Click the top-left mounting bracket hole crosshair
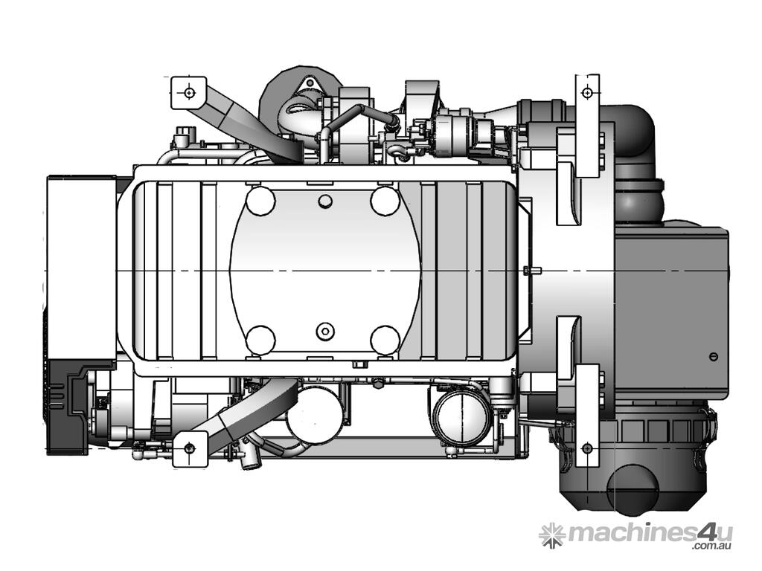click(x=189, y=91)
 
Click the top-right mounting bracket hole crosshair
click(x=588, y=92)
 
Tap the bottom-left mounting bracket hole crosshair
click(x=190, y=447)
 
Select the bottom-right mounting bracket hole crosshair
click(x=587, y=447)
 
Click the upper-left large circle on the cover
click(x=261, y=201)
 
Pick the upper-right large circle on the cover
click(x=385, y=201)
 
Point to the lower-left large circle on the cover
click(x=261, y=339)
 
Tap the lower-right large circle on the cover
click(x=385, y=339)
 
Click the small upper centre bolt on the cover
click(x=325, y=201)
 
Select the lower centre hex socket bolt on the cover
click(x=324, y=332)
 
